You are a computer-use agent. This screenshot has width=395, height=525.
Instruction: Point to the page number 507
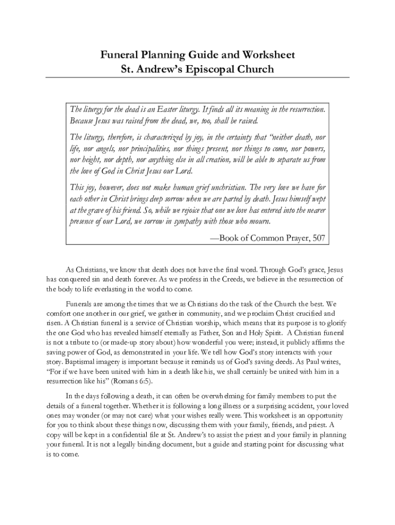tap(315, 238)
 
